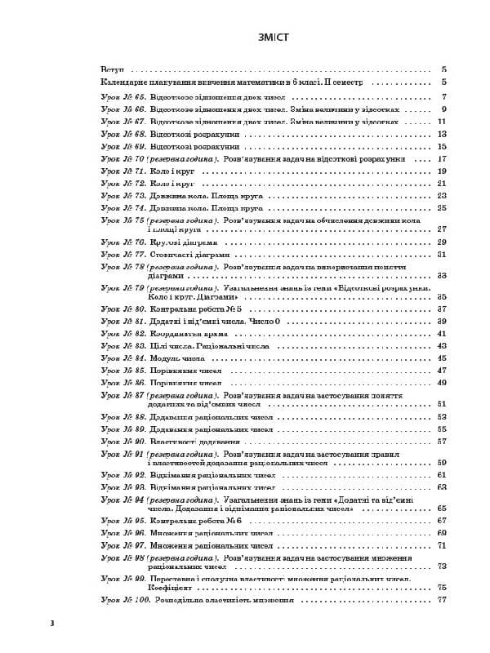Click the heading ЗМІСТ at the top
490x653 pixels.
click(245, 38)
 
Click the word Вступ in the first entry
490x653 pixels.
click(111, 70)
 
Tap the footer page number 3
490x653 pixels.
click(51, 624)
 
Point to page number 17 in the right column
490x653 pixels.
click(442, 158)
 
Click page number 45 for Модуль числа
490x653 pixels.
click(442, 358)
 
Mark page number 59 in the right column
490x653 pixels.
click(442, 463)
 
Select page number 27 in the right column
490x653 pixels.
click(442, 229)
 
